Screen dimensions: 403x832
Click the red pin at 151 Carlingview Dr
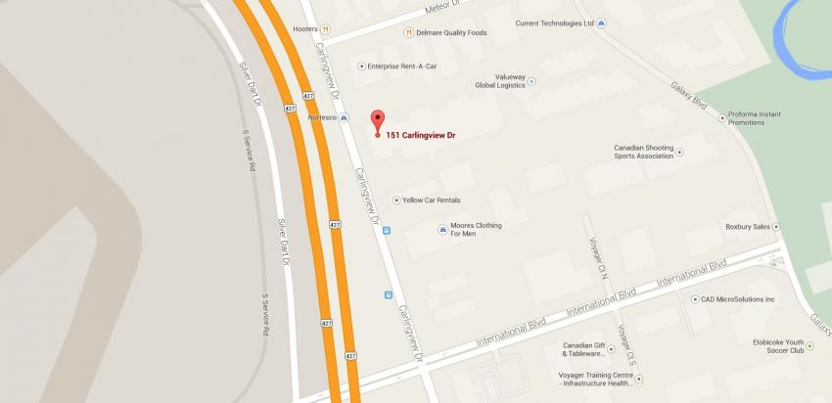pyautogui.click(x=377, y=121)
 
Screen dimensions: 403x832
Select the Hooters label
pyautogui.click(x=305, y=29)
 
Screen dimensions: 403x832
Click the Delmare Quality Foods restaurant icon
pyautogui.click(x=408, y=32)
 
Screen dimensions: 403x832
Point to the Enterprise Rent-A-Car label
pyautogui.click(x=405, y=66)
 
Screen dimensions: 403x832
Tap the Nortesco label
pyautogui.click(x=322, y=117)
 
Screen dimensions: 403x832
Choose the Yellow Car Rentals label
pyautogui.click(x=431, y=200)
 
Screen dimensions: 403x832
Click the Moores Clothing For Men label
pyautogui.click(x=476, y=230)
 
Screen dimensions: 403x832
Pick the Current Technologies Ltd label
pyautogui.click(x=555, y=22)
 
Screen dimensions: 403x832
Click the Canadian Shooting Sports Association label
pyautogui.click(x=643, y=152)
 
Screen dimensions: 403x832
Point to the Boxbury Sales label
pyautogui.click(x=748, y=226)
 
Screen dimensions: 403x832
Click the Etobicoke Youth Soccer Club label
pyautogui.click(x=778, y=345)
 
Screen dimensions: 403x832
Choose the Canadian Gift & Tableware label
pyautogui.click(x=593, y=349)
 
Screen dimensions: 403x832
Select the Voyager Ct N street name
pyautogui.click(x=596, y=256)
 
